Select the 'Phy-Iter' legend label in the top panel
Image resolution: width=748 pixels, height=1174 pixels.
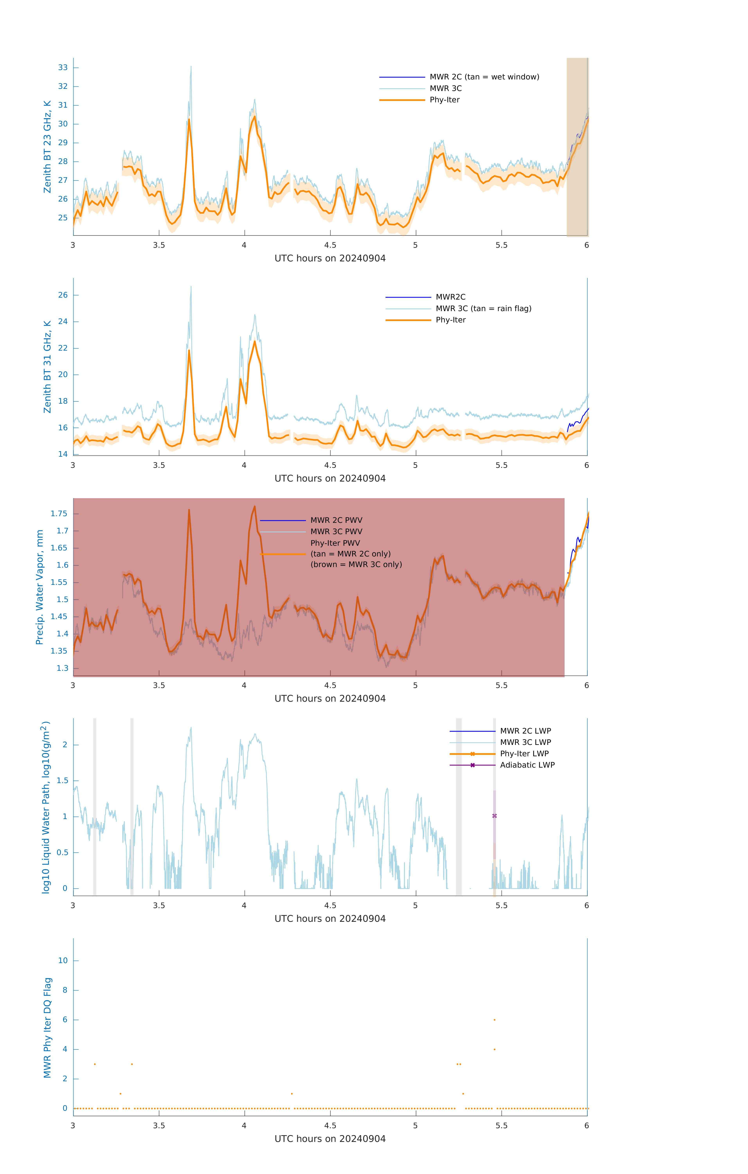pos(444,100)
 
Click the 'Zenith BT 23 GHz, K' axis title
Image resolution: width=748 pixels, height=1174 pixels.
pos(47,147)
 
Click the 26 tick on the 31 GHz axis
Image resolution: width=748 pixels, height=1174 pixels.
pos(63,295)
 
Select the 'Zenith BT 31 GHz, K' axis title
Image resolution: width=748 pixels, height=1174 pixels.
pos(47,367)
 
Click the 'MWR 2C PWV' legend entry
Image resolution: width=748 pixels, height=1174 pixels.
pos(336,520)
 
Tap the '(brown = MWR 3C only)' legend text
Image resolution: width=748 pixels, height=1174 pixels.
pos(356,564)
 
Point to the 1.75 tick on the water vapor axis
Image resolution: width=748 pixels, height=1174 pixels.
pos(59,513)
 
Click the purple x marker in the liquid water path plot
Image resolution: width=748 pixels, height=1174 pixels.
pos(495,816)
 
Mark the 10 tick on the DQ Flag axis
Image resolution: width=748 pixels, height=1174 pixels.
pos(63,961)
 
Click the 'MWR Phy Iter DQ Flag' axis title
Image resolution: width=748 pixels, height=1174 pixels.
pos(47,1027)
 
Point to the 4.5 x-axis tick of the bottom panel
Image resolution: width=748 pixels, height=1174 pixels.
pos(330,1126)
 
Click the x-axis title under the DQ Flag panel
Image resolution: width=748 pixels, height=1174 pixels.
pos(330,1139)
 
